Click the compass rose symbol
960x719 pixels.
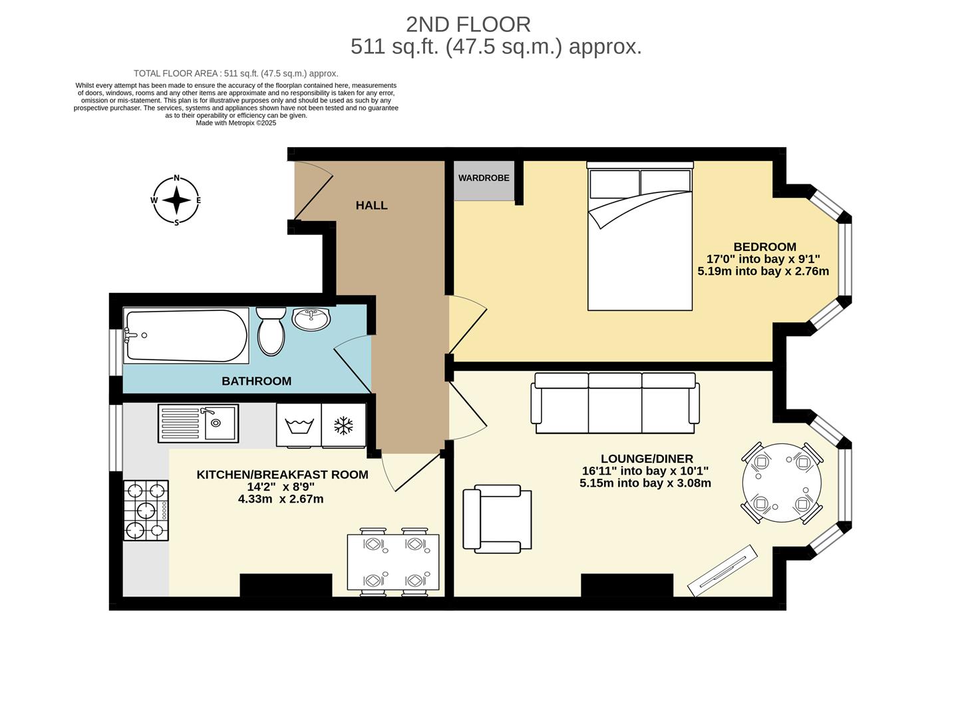(176, 200)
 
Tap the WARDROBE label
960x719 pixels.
(484, 178)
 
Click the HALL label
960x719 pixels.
(371, 205)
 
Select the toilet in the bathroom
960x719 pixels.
(271, 331)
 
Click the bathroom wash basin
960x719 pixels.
(311, 319)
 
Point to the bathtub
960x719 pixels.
(186, 336)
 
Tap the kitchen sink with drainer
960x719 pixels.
(198, 423)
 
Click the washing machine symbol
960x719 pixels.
(299, 425)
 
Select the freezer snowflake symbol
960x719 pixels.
(343, 425)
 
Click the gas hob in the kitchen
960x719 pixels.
(146, 511)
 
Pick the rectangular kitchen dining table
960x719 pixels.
(393, 563)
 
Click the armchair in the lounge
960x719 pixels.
(497, 519)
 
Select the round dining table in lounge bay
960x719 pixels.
(782, 483)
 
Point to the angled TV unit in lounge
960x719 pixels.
(723, 570)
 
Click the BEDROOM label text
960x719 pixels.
(764, 247)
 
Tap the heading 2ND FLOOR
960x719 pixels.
(468, 25)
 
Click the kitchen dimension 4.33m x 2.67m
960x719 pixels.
(281, 499)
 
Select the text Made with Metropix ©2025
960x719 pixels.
(236, 123)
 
